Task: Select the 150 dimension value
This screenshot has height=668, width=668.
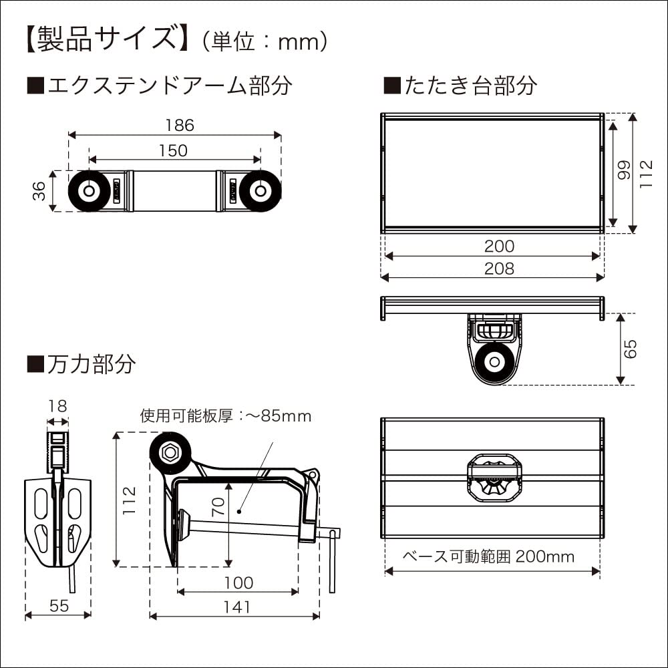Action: coord(174,151)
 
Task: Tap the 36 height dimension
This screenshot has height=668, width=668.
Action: coord(40,190)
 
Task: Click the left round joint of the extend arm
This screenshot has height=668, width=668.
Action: coord(88,191)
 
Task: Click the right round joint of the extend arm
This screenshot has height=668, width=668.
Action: coord(261,191)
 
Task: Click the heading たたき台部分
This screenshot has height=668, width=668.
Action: coord(460,86)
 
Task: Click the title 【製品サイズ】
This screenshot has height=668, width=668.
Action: coord(104,40)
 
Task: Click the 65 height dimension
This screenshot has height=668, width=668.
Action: coord(631,349)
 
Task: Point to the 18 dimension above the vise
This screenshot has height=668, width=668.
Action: coord(58,406)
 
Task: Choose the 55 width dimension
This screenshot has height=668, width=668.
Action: coord(59,606)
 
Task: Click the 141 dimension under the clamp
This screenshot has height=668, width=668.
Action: coord(236,607)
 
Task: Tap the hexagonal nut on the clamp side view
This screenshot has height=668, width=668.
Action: coord(170,452)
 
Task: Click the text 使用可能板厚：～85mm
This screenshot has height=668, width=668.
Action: coord(226,416)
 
